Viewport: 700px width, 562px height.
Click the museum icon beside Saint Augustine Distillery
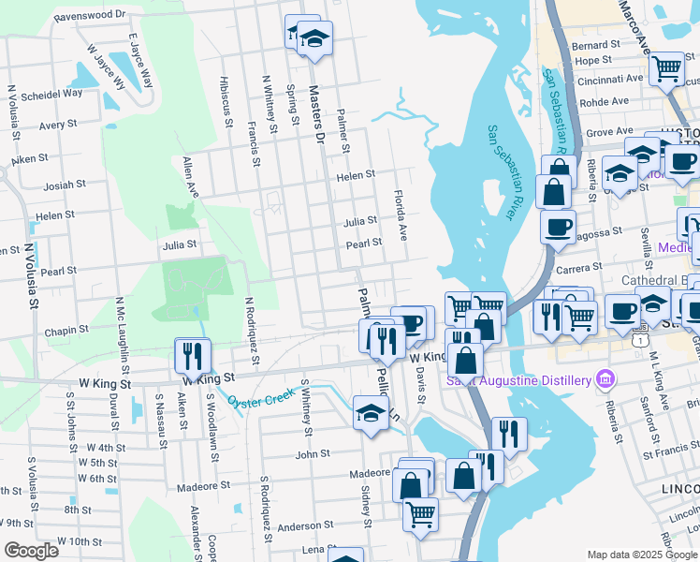(x=605, y=378)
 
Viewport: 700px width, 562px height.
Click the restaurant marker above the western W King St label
(x=193, y=355)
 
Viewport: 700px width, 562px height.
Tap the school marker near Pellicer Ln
(x=371, y=412)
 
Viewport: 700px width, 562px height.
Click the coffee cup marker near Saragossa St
(x=558, y=227)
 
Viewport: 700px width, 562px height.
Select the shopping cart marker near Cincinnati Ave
(x=666, y=67)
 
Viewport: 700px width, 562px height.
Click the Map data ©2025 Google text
(x=641, y=555)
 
